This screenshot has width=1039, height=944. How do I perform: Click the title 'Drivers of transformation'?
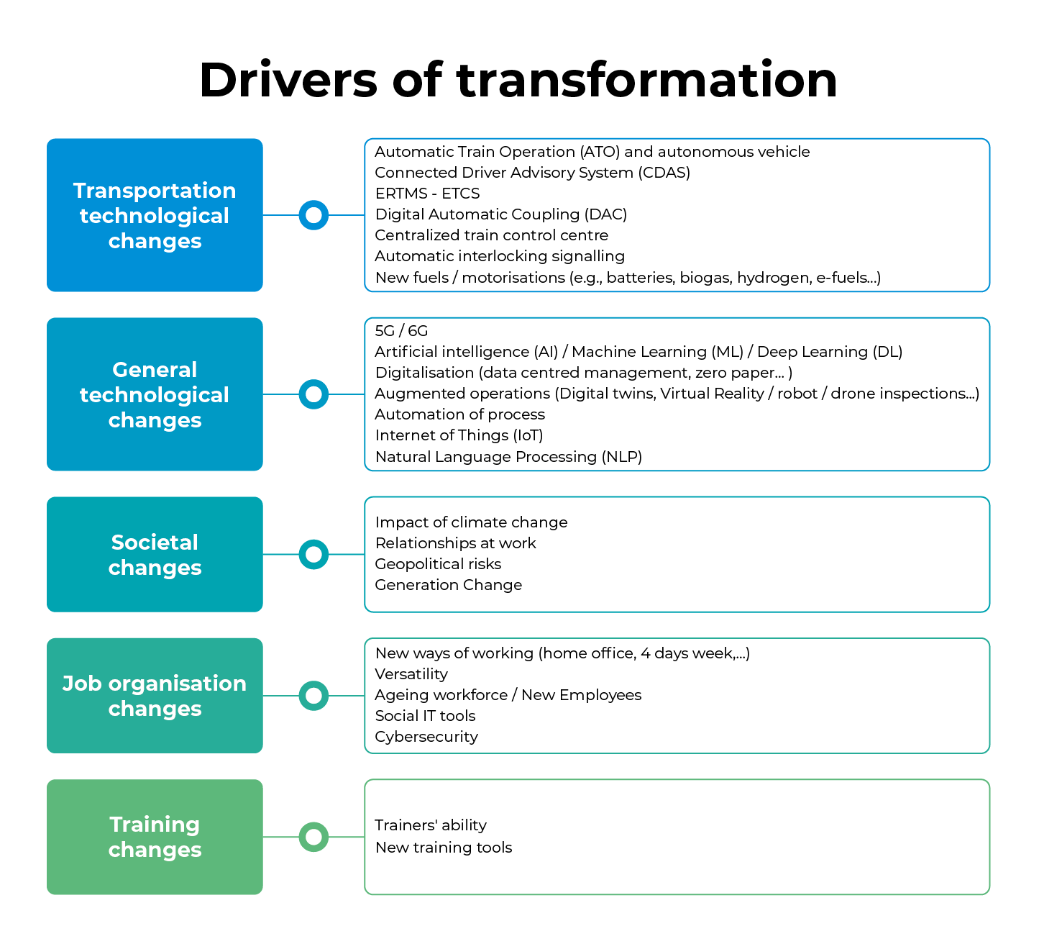tap(518, 80)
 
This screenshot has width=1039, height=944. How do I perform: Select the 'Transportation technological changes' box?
tap(155, 215)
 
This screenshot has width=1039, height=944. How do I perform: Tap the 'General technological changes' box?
tap(155, 394)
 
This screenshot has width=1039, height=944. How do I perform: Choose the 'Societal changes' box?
tap(155, 555)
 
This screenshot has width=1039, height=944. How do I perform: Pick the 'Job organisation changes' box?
tap(155, 696)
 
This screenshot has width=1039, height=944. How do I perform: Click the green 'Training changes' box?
tap(155, 837)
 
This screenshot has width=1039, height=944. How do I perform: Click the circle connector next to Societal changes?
tap(313, 555)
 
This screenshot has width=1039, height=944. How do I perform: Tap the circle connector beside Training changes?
tap(313, 837)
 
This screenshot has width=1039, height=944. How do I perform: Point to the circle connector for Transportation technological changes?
tap(313, 215)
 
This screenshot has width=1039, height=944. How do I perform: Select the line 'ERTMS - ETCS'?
tap(427, 194)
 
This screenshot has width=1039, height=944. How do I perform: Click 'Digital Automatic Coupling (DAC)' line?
tap(500, 214)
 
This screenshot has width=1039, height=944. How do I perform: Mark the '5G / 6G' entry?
tap(401, 331)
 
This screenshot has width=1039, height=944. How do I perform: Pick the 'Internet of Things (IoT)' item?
tap(459, 435)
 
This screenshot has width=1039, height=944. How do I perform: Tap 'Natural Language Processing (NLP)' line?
tap(508, 457)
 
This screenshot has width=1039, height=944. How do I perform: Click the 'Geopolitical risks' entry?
tap(438, 564)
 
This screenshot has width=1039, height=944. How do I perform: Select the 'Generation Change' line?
tap(448, 585)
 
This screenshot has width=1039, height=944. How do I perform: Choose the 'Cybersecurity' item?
tap(426, 737)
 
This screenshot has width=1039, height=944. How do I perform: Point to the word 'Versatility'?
tap(411, 674)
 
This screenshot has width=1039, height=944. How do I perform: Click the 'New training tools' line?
tap(444, 848)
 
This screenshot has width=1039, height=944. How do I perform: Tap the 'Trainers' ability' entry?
tap(431, 825)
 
